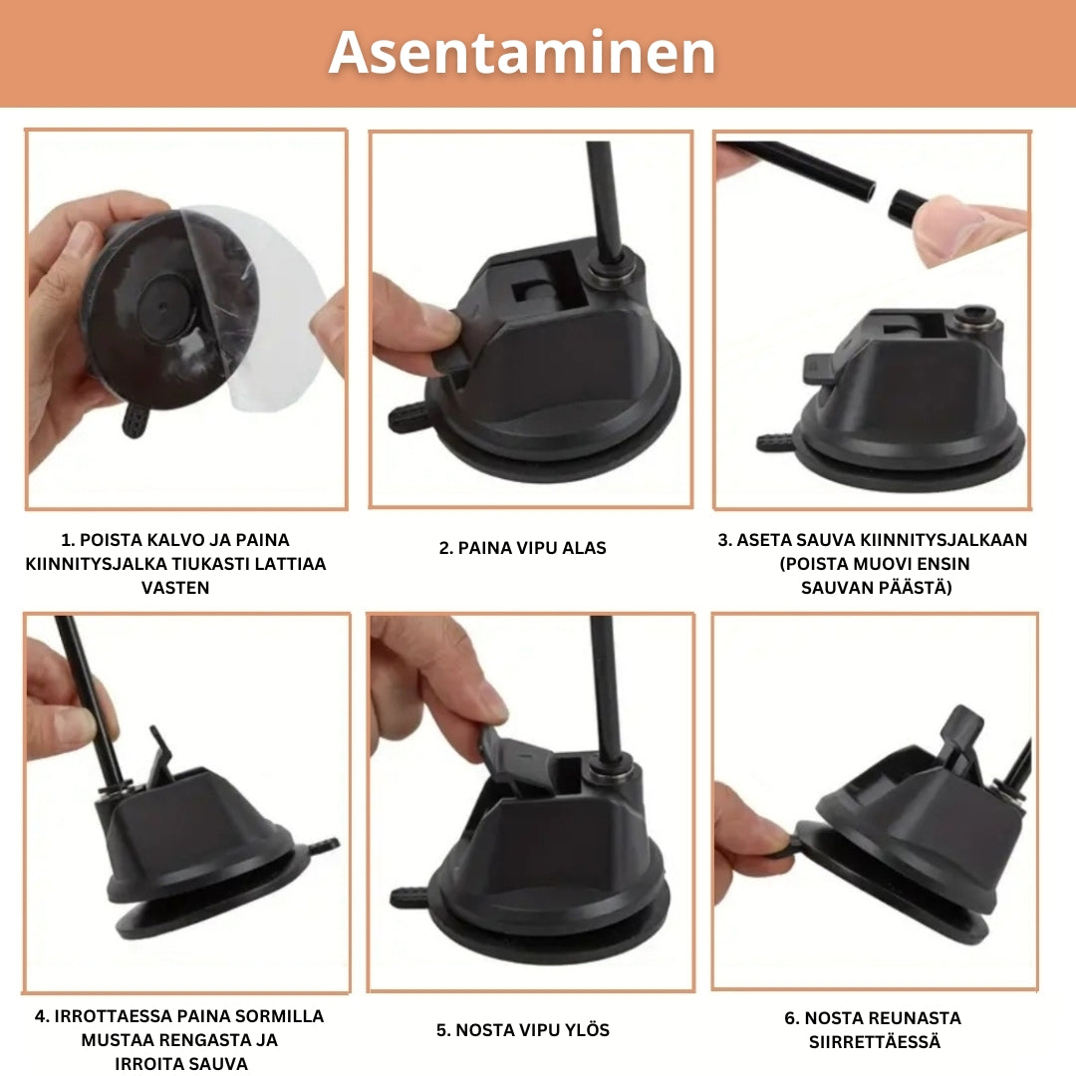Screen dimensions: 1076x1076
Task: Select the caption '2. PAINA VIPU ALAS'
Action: pyautogui.click(x=522, y=548)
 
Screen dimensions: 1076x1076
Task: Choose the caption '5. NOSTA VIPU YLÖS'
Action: pyautogui.click(x=523, y=1030)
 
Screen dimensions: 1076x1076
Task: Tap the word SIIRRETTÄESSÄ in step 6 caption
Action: pyautogui.click(x=875, y=1042)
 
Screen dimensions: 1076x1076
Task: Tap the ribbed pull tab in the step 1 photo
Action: pyautogui.click(x=135, y=418)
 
